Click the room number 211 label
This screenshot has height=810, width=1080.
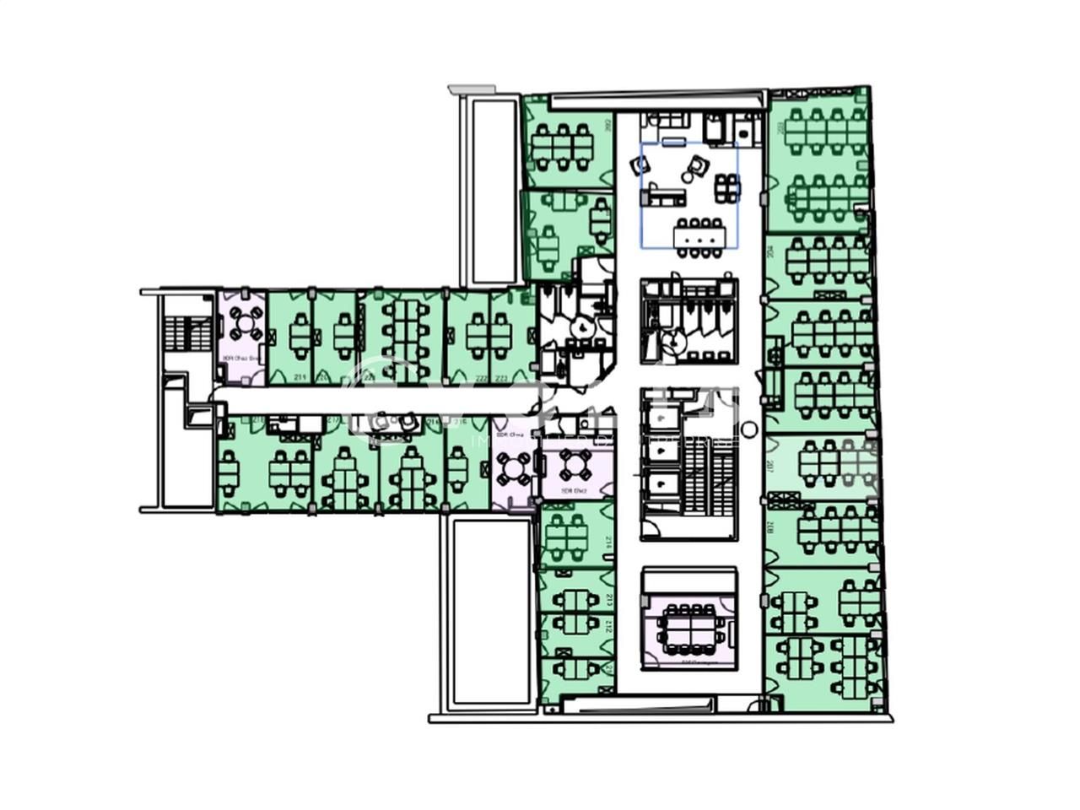[x=300, y=377]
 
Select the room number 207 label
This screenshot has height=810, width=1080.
[x=771, y=467]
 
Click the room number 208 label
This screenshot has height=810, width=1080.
[x=771, y=530]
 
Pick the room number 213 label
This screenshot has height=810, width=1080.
[x=609, y=600]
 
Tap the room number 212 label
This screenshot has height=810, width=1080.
[x=609, y=625]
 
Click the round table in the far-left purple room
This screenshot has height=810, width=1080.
[x=244, y=322]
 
